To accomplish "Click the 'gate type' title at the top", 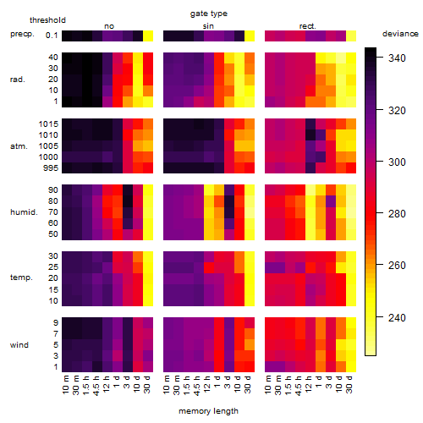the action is point(209,14).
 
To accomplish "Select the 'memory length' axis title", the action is point(208,411).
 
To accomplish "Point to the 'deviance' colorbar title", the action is point(400,34).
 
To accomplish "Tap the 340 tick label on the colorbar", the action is point(397,58).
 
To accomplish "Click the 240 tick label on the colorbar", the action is point(397,318).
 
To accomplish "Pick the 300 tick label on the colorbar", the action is point(397,162).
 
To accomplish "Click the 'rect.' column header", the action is point(308,26).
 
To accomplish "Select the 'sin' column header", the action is point(208,26).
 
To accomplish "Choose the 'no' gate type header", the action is point(109,26).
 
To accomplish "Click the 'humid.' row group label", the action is point(24,212).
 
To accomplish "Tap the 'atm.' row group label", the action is point(19,146).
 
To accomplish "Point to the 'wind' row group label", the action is point(19,345).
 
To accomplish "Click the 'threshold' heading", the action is point(47,20).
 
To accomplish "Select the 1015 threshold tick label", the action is point(48,124).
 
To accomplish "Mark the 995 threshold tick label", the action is point(51,168).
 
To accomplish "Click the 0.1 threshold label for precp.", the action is point(52,36).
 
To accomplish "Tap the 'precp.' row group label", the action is point(22,34).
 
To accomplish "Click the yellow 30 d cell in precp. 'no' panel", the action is point(148,36).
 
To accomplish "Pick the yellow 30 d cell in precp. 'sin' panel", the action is point(250,36).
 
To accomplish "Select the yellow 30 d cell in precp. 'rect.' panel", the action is point(351,36).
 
